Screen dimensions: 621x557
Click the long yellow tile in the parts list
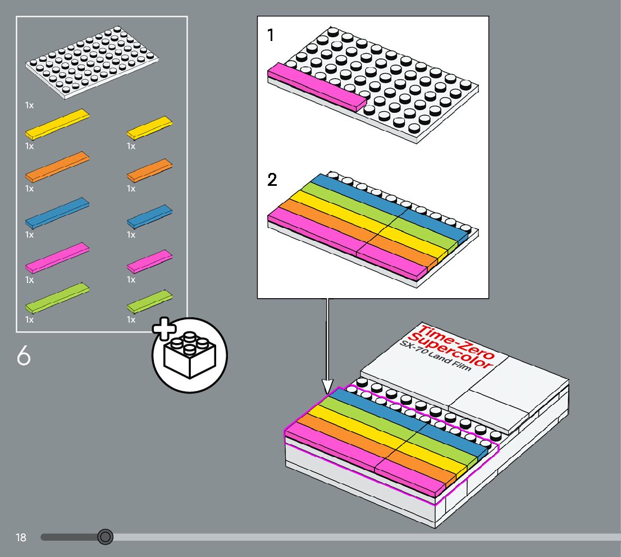coord(57,124)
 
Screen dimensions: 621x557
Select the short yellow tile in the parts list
coord(149,127)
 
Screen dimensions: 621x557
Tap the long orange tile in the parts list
coord(57,166)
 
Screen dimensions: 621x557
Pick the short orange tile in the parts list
coord(149,170)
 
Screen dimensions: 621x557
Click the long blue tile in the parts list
coord(57,212)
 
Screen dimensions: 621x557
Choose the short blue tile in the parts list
coord(149,216)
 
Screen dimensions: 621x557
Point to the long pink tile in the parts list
coord(57,257)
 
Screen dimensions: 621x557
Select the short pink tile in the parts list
coord(149,261)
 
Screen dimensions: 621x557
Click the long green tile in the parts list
coord(57,298)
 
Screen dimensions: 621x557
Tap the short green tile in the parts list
coord(149,302)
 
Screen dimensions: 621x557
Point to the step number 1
coord(271,36)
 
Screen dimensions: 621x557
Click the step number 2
coord(272,180)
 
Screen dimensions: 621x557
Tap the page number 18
coord(21,538)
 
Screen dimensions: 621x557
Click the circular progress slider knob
coord(105,537)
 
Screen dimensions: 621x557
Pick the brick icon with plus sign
coord(189,354)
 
